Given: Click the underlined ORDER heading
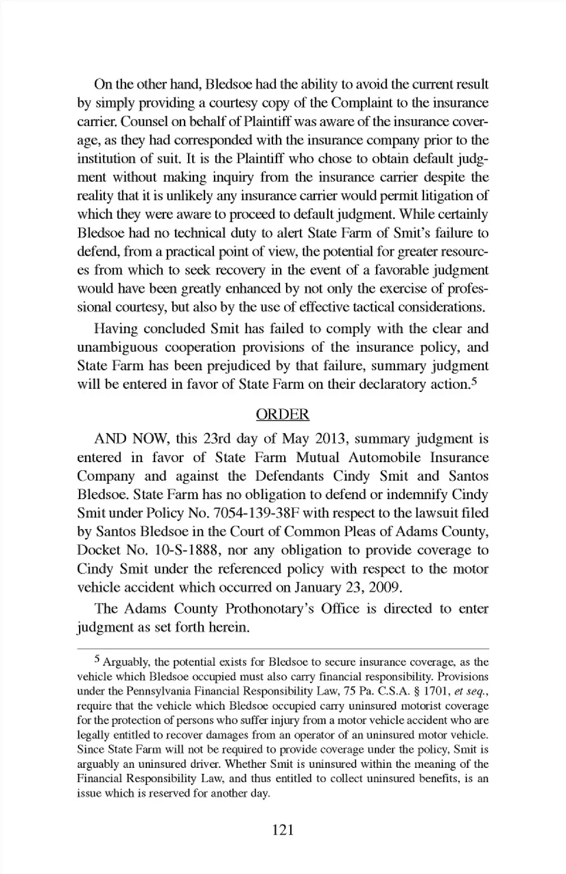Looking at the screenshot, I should click(x=282, y=414).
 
